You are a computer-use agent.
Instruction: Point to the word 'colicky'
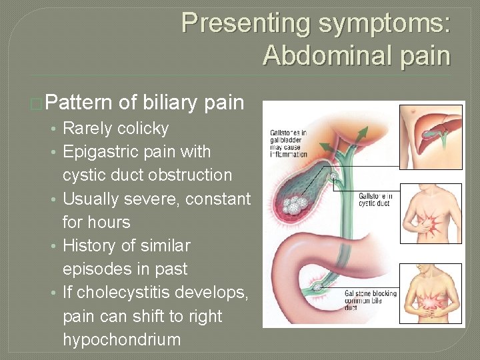click(x=143, y=129)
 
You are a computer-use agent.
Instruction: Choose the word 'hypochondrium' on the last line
click(x=121, y=339)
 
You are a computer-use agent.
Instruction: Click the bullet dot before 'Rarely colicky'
click(x=55, y=129)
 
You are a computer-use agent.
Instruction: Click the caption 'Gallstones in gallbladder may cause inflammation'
click(x=289, y=143)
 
